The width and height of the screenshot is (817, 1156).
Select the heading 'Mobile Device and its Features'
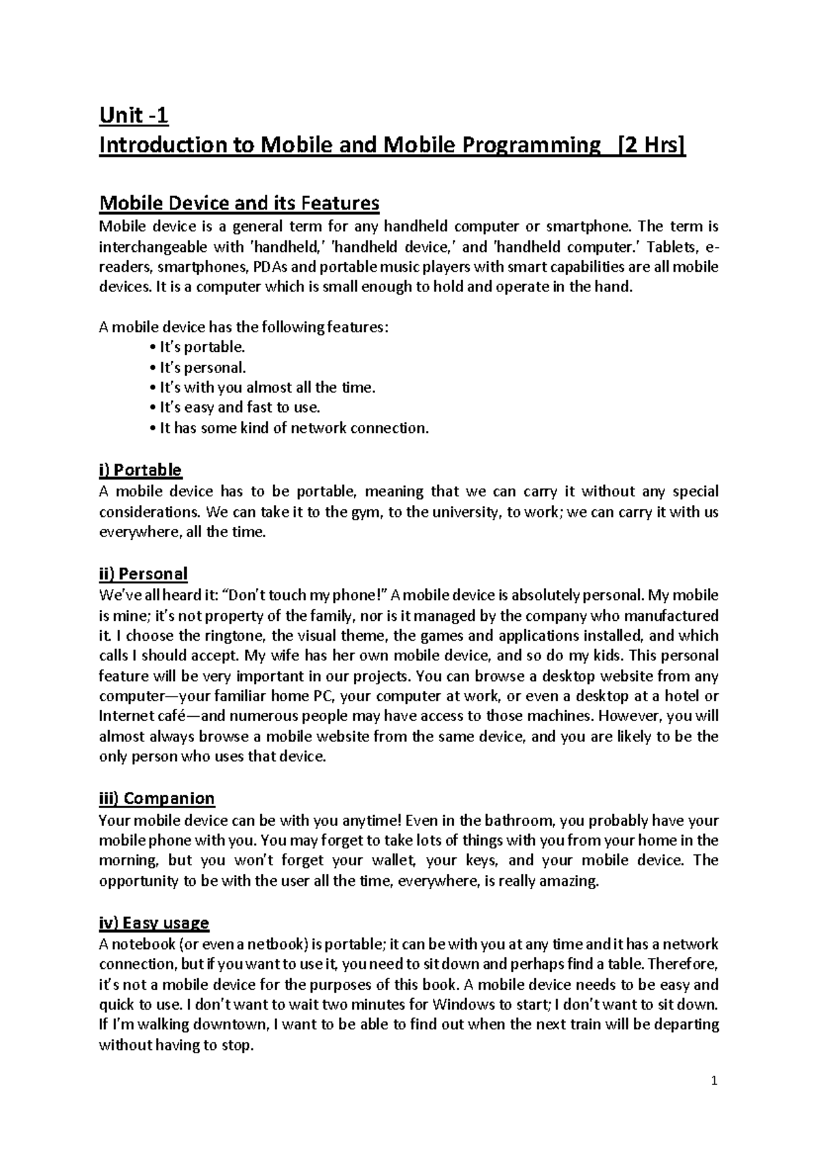(239, 203)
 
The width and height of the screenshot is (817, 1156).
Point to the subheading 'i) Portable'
(140, 470)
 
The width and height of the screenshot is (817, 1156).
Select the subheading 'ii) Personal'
(143, 573)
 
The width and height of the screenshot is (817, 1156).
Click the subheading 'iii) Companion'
(157, 798)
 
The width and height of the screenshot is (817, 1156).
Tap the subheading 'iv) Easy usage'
(154, 923)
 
